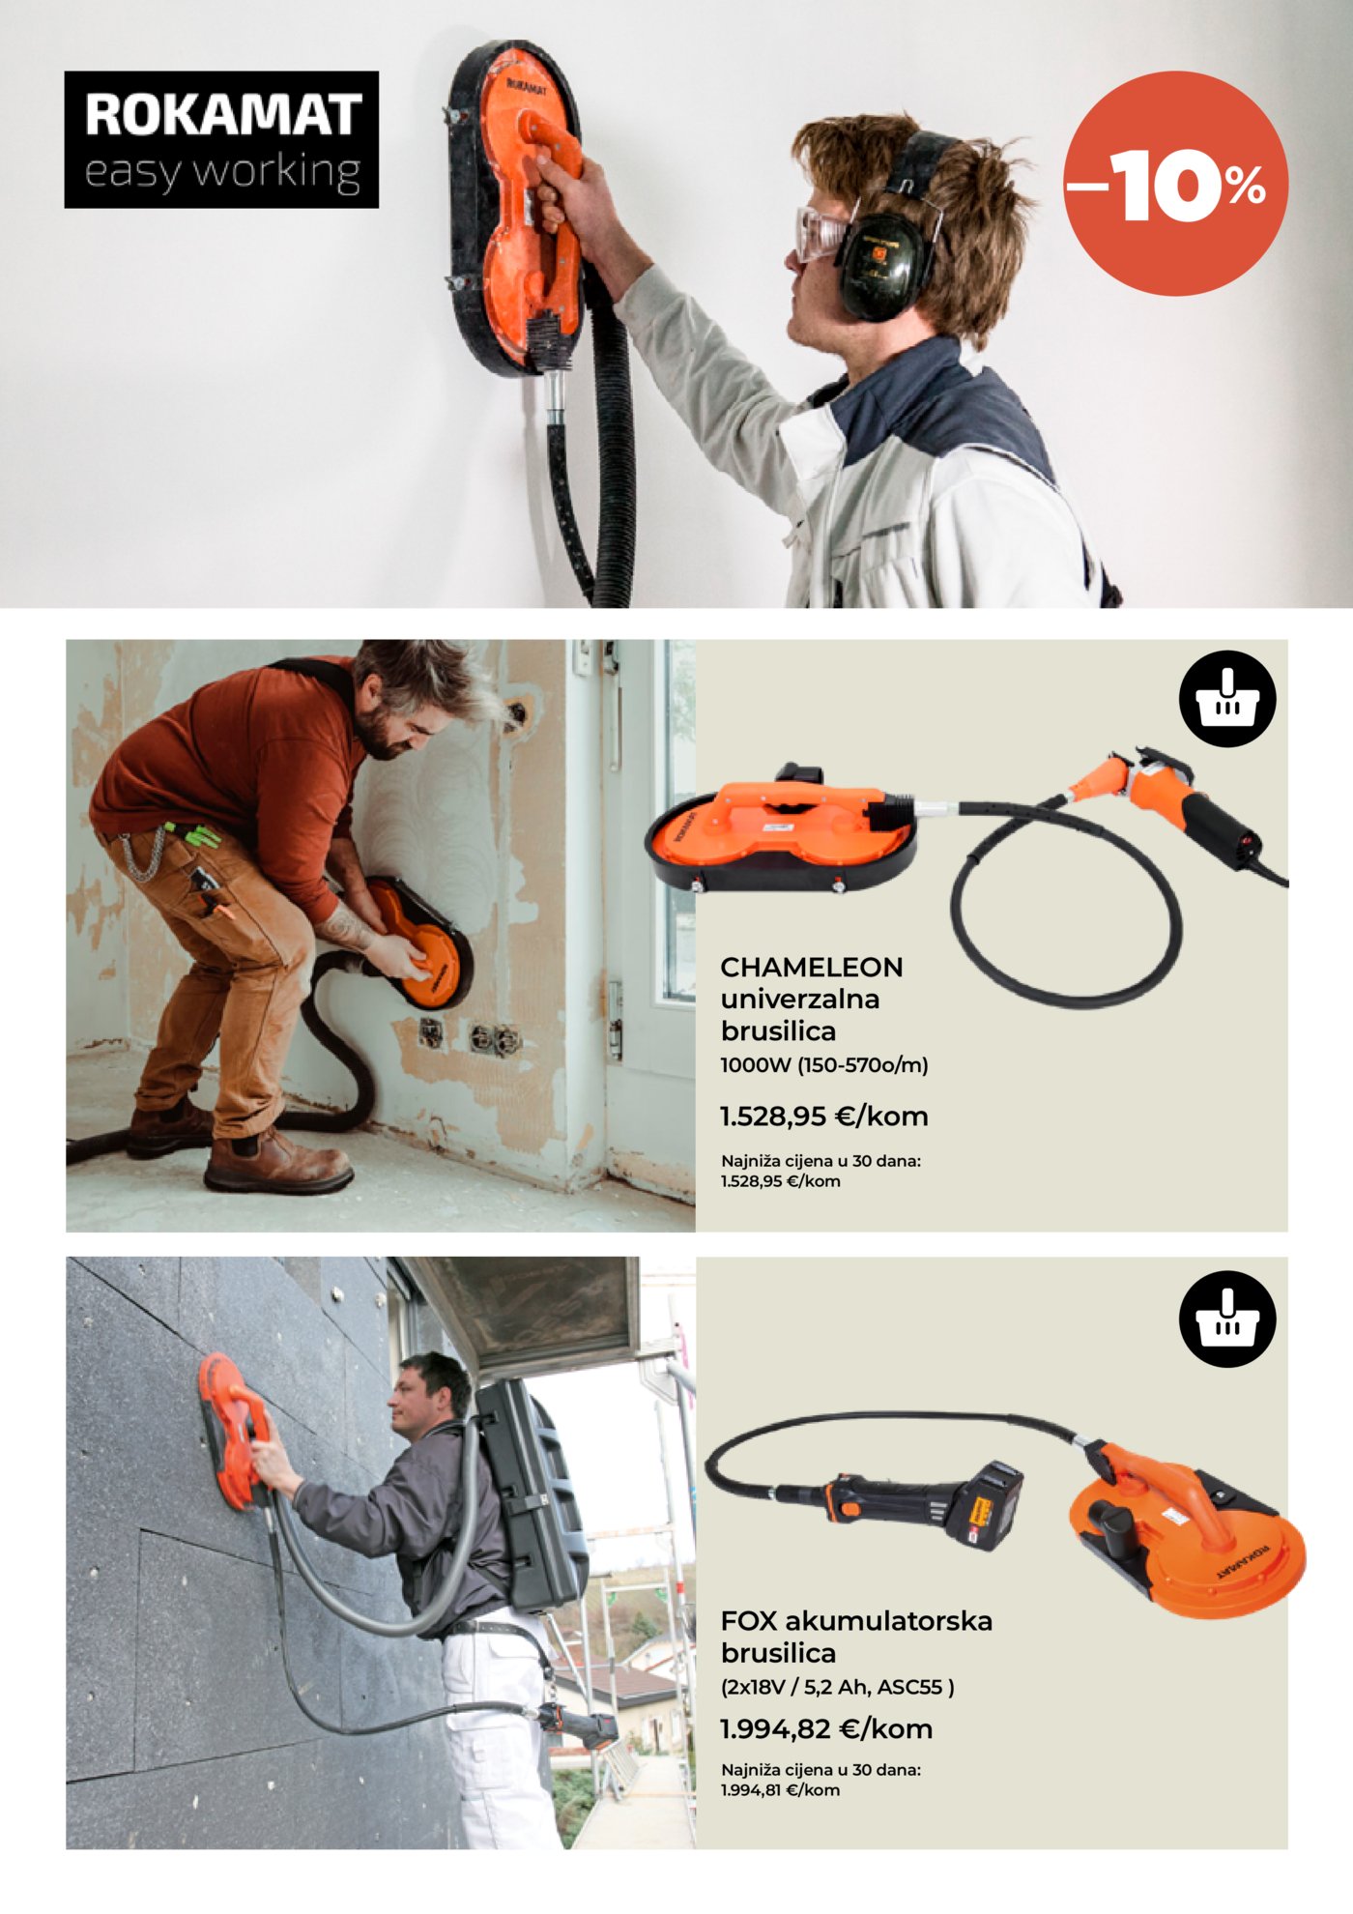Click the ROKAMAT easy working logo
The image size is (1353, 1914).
tap(221, 139)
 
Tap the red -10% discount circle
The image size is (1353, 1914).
tap(1175, 183)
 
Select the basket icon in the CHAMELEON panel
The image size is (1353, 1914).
tap(1227, 699)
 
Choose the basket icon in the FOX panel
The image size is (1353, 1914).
tap(1227, 1319)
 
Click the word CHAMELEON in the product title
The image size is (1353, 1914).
tap(812, 967)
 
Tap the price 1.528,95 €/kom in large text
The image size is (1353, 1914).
tap(824, 1116)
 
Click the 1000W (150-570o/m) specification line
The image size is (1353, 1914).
tap(824, 1065)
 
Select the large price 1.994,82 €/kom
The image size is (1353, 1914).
tap(826, 1728)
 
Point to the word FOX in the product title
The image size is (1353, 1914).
tap(749, 1620)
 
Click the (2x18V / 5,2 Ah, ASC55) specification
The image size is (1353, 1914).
tap(838, 1687)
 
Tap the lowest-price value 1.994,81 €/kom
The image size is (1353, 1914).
tap(780, 1790)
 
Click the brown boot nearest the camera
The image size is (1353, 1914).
tap(277, 1164)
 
